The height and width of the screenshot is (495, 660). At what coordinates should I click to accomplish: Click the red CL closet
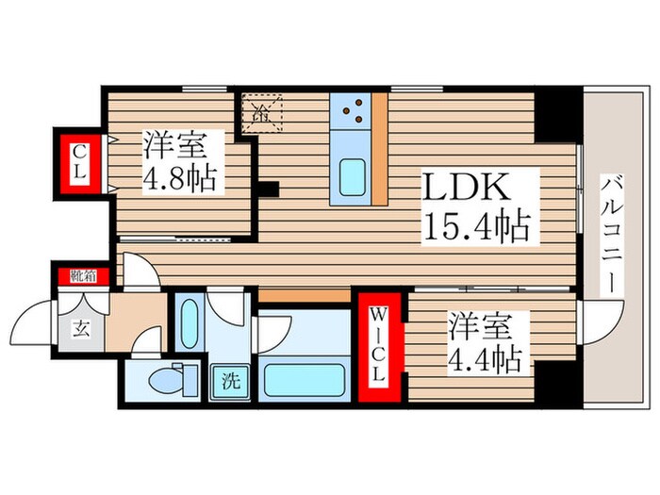pyautogui.click(x=80, y=165)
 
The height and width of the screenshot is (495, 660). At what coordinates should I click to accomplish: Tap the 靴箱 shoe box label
pyautogui.click(x=82, y=276)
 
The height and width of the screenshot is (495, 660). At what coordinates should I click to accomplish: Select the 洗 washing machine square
pyautogui.click(x=230, y=384)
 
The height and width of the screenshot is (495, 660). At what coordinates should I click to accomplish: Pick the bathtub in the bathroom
pyautogui.click(x=306, y=380)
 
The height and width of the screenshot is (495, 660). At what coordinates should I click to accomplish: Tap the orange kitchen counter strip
pyautogui.click(x=380, y=149)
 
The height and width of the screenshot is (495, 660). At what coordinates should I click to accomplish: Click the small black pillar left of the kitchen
pyautogui.click(x=270, y=189)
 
